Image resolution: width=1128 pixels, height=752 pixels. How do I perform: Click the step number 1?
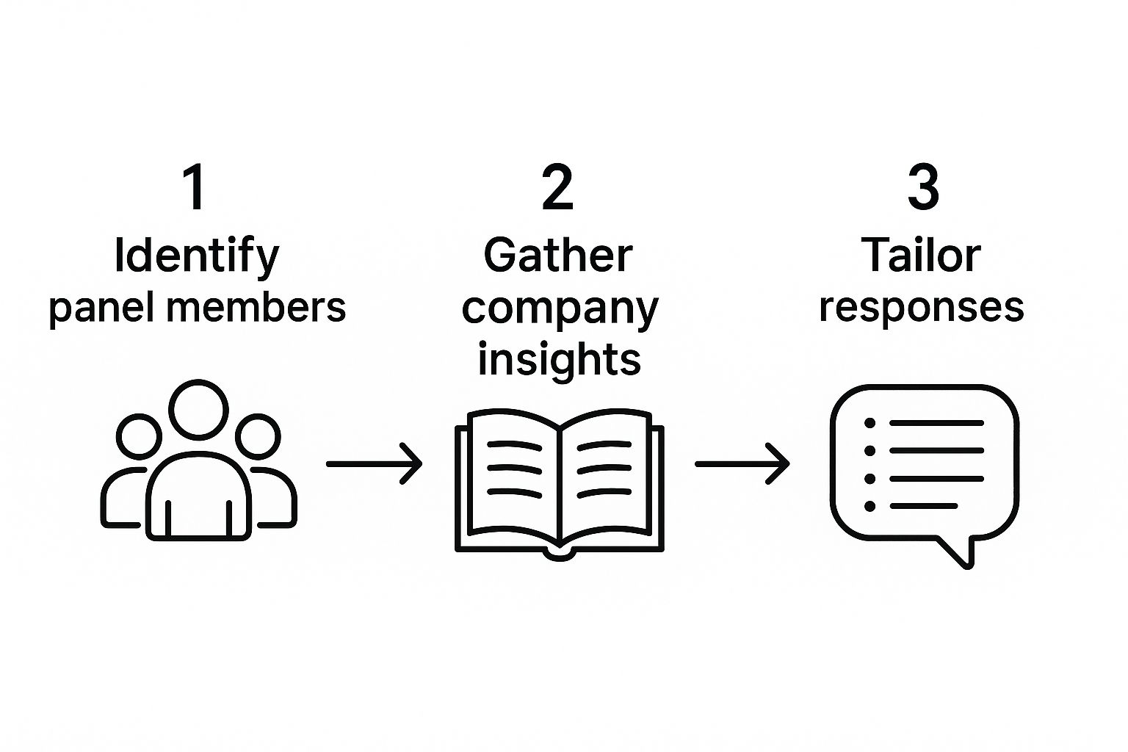click(195, 187)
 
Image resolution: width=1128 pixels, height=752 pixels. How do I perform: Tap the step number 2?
click(557, 187)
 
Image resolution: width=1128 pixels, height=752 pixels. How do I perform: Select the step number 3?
click(922, 187)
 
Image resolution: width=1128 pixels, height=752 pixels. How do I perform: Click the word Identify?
click(197, 257)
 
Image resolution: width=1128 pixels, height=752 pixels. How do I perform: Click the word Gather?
click(558, 256)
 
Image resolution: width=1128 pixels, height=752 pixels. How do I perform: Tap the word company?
click(560, 310)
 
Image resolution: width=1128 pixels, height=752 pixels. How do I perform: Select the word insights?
click(560, 360)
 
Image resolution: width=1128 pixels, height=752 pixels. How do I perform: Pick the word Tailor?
click(921, 256)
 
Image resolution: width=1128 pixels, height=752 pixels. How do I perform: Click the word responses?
click(922, 308)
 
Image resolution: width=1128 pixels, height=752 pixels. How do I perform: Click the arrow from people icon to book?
click(375, 464)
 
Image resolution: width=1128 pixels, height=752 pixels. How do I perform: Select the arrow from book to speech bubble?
click(742, 464)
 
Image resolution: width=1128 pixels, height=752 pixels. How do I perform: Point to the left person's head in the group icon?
click(138, 436)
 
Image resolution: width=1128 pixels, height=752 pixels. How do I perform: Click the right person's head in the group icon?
click(258, 436)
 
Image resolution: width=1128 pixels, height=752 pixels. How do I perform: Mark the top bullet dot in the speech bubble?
click(870, 423)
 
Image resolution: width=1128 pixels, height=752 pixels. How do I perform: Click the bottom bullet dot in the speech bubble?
click(870, 506)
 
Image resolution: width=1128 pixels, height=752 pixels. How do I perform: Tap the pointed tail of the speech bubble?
click(965, 560)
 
